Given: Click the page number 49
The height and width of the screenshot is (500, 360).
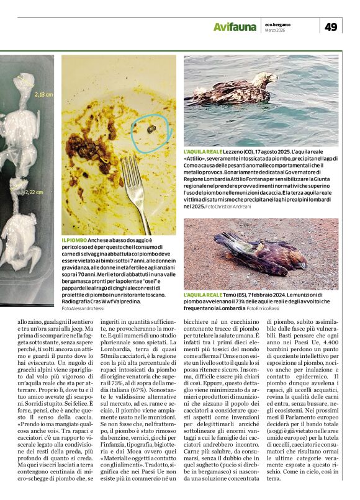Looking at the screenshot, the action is point(331,26).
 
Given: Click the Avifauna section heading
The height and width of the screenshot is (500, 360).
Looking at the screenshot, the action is point(235,27).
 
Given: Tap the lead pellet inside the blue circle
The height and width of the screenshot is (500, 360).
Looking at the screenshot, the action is point(151,129).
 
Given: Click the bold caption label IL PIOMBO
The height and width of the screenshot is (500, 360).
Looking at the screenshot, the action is point(73,239).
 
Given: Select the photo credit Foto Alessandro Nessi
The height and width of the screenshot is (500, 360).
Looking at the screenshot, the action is point(83,308).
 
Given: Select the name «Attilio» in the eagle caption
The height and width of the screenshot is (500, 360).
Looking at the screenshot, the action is point(195,158).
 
